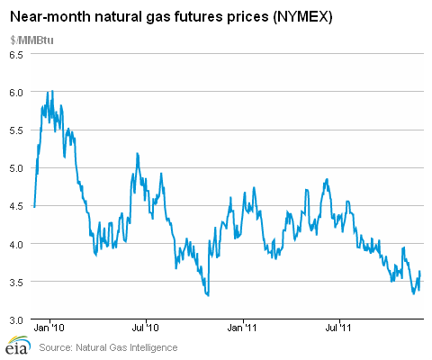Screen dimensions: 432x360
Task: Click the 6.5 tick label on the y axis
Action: (x=16, y=55)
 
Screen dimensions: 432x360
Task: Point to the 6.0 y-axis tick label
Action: (x=16, y=93)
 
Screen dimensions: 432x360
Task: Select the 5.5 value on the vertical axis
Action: (x=16, y=130)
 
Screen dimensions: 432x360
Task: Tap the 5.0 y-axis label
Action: (x=16, y=168)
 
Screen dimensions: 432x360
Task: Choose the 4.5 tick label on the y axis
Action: (x=16, y=207)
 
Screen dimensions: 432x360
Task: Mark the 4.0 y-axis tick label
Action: (x=16, y=245)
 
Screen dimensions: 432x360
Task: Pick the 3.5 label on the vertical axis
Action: (x=16, y=283)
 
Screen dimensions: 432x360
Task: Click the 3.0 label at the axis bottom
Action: (x=16, y=320)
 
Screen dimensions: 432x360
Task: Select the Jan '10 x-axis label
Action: (x=49, y=328)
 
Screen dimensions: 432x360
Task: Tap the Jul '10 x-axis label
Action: (x=145, y=328)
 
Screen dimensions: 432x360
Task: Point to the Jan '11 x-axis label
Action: (x=242, y=328)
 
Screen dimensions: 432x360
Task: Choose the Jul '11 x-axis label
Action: (x=338, y=328)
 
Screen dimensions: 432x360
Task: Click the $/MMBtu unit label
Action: (x=31, y=40)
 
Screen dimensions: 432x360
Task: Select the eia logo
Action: (x=19, y=345)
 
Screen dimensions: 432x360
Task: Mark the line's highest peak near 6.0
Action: (x=52, y=91)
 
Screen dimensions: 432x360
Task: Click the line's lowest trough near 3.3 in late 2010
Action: (x=208, y=295)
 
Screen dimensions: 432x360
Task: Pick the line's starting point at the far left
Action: (x=34, y=207)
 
